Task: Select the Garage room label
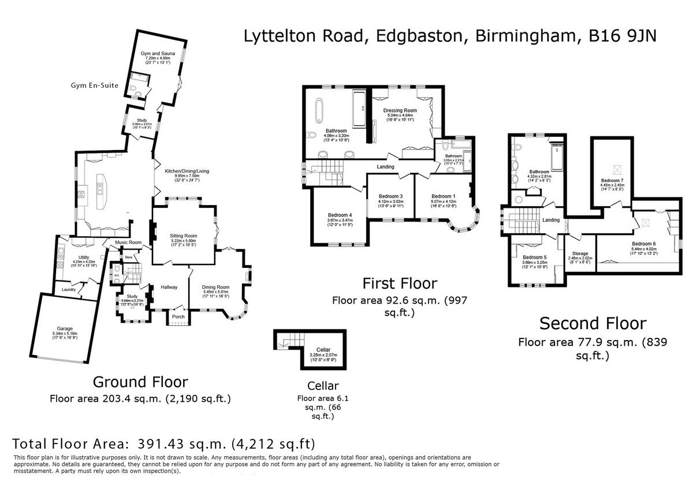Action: [x=65, y=329]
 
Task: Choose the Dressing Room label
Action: [x=400, y=110]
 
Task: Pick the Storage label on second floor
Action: [x=580, y=253]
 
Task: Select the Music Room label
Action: [x=128, y=242]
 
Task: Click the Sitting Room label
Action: [x=184, y=236]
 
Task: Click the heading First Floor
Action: [x=400, y=283]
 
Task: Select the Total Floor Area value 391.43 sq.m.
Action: [x=182, y=444]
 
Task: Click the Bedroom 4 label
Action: [x=340, y=215]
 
